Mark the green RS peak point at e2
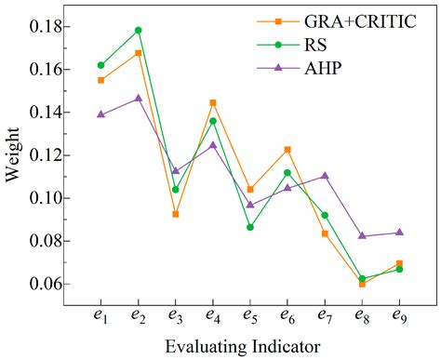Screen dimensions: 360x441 tap(138, 30)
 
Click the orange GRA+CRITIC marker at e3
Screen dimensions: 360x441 tap(175, 214)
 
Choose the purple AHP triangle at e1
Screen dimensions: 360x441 tap(100, 114)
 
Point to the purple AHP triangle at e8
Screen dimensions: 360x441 tap(362, 235)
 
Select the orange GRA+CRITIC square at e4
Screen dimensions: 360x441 tap(212, 102)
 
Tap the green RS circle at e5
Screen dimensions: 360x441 tap(249, 227)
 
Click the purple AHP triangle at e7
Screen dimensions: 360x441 tap(325, 176)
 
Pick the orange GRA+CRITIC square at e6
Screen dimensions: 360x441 tap(287, 150)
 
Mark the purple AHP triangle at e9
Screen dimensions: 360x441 tap(399, 232)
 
